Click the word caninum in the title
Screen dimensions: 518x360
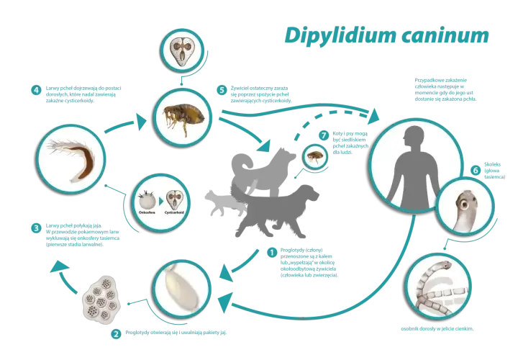pyautogui.click(x=445, y=36)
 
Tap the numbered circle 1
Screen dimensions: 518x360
pyautogui.click(x=272, y=253)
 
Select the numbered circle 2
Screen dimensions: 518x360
pyautogui.click(x=116, y=334)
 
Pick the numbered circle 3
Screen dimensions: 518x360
pyautogui.click(x=36, y=228)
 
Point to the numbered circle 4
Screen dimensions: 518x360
pyautogui.click(x=36, y=90)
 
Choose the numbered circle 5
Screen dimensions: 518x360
pyautogui.click(x=222, y=90)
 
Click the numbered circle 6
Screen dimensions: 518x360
pyautogui.click(x=476, y=170)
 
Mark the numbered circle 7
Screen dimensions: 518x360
pyautogui.click(x=324, y=135)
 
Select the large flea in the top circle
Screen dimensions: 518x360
pyautogui.click(x=183, y=117)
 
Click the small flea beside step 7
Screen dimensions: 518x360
pyautogui.click(x=314, y=157)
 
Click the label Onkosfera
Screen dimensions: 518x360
pyautogui.click(x=147, y=212)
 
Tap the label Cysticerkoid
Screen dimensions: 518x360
pyautogui.click(x=174, y=212)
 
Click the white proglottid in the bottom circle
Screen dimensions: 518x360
pyautogui.click(x=182, y=287)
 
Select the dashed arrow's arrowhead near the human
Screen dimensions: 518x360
pyautogui.click(x=374, y=116)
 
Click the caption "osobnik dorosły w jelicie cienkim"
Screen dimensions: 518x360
pyautogui.click(x=437, y=329)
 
